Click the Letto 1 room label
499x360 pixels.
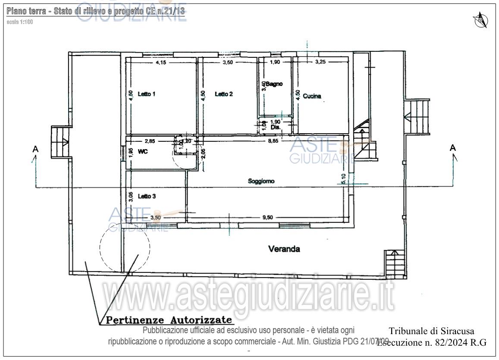(147, 94)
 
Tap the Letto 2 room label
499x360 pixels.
(224, 94)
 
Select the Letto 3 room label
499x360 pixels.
(147, 196)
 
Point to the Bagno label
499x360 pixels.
(274, 84)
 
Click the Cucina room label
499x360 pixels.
(312, 96)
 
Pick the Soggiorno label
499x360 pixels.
(261, 181)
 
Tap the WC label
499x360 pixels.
(143, 152)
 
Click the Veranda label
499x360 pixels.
(284, 249)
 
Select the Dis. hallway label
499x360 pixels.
(275, 128)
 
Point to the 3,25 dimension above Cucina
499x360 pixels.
(320, 62)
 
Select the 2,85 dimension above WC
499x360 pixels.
(150, 141)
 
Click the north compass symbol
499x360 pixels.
(480, 20)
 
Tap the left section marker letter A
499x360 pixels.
(35, 149)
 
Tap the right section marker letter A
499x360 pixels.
(452, 148)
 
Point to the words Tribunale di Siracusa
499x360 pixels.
(431, 331)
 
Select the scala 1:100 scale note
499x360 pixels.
(20, 22)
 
